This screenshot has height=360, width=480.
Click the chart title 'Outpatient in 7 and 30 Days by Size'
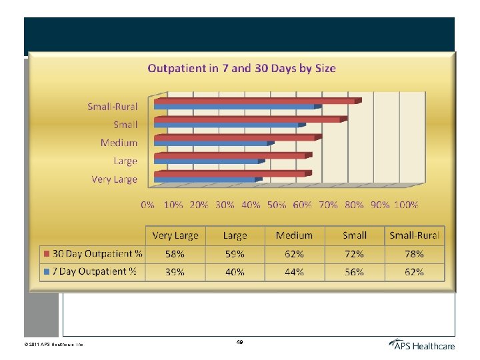click(241, 68)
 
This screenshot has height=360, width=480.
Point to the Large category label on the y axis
click(125, 161)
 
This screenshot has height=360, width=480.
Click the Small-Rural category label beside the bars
click(112, 106)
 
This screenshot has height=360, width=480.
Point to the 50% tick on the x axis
click(277, 205)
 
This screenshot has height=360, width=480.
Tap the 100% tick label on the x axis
click(405, 205)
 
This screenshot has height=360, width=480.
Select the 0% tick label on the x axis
click(148, 205)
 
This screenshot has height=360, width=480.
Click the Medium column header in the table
click(294, 235)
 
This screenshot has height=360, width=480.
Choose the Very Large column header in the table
click(175, 235)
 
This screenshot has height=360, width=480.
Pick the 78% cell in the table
click(415, 254)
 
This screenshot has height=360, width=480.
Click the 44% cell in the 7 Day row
click(294, 272)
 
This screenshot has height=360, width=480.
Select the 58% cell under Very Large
click(175, 254)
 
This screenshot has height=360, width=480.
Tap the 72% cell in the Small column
click(354, 254)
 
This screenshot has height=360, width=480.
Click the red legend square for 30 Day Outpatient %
click(46, 254)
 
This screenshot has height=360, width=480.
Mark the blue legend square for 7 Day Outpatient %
click(46, 272)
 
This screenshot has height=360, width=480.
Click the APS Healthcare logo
click(421, 345)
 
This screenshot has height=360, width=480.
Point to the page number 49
click(239, 342)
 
